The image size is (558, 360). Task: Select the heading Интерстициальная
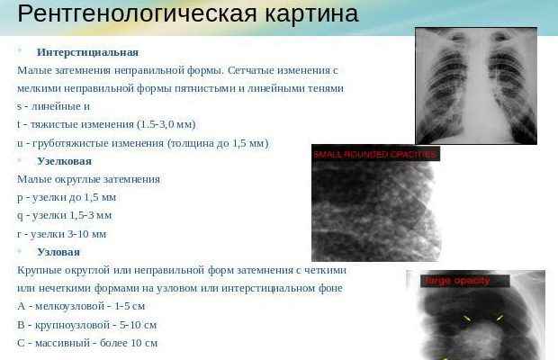point(87,52)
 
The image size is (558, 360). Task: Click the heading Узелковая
point(64,160)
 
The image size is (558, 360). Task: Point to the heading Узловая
point(58,252)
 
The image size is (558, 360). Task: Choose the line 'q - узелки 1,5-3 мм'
point(64,215)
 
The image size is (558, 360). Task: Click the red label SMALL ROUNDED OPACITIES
point(374,155)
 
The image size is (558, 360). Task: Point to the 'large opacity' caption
point(450,281)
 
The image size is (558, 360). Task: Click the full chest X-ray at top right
point(475,85)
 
